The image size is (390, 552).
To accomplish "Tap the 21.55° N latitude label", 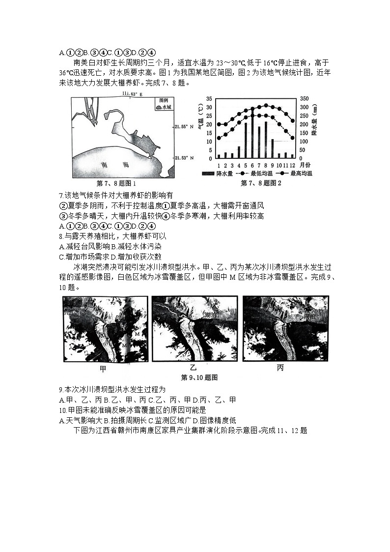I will (183, 127).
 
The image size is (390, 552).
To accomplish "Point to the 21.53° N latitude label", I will (183, 157).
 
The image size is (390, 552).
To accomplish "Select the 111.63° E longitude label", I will (131, 93).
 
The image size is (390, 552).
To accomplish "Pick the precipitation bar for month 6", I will (252, 135).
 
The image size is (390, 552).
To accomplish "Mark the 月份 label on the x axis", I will (305, 165).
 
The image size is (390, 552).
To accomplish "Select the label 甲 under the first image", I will (103, 368).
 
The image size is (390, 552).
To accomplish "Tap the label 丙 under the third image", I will (280, 368).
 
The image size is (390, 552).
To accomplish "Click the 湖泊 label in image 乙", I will (212, 314).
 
